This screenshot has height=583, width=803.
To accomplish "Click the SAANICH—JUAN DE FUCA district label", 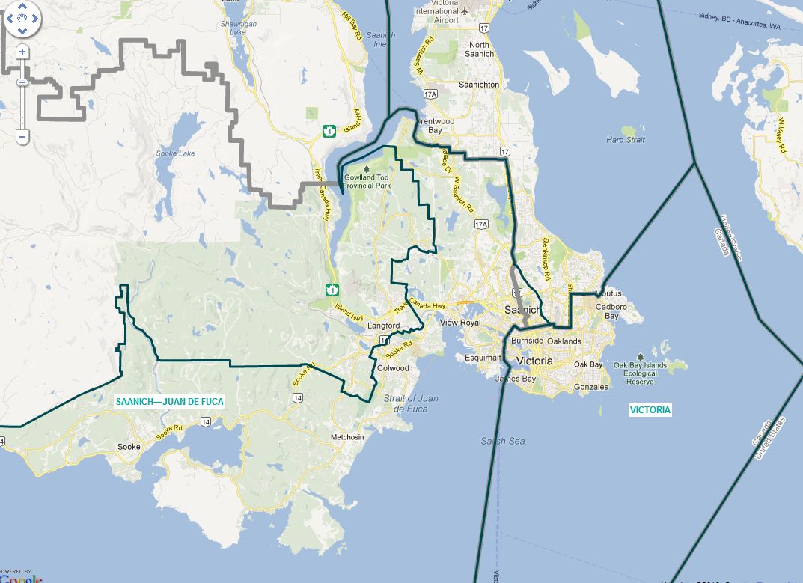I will pos(170,401).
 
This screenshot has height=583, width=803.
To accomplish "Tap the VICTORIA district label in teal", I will pos(650,409).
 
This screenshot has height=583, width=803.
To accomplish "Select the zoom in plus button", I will pos(22,52).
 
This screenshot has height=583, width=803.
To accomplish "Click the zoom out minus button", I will pos(22,137).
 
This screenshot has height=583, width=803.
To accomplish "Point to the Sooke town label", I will pos(129,447).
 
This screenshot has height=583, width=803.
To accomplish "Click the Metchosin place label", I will pos(347,437).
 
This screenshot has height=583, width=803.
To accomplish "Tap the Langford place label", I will pos(384,326).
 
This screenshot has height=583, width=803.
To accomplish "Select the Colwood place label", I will pos(394,368).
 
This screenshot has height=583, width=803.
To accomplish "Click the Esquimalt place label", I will pos(482,358).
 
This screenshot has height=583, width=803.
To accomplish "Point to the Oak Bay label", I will pos(587,364).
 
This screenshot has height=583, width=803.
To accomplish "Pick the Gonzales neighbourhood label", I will pos(591,387).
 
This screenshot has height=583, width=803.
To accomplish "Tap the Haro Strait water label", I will pos(625,140).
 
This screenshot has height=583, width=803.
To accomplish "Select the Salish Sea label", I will pos(503,441).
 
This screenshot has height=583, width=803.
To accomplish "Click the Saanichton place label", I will pos(478,85).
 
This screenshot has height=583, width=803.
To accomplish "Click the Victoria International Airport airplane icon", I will pos(465,11).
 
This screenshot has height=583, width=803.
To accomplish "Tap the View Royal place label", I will pos(459,323).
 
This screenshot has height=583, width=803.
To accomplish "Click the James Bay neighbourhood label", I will pos(515,379).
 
